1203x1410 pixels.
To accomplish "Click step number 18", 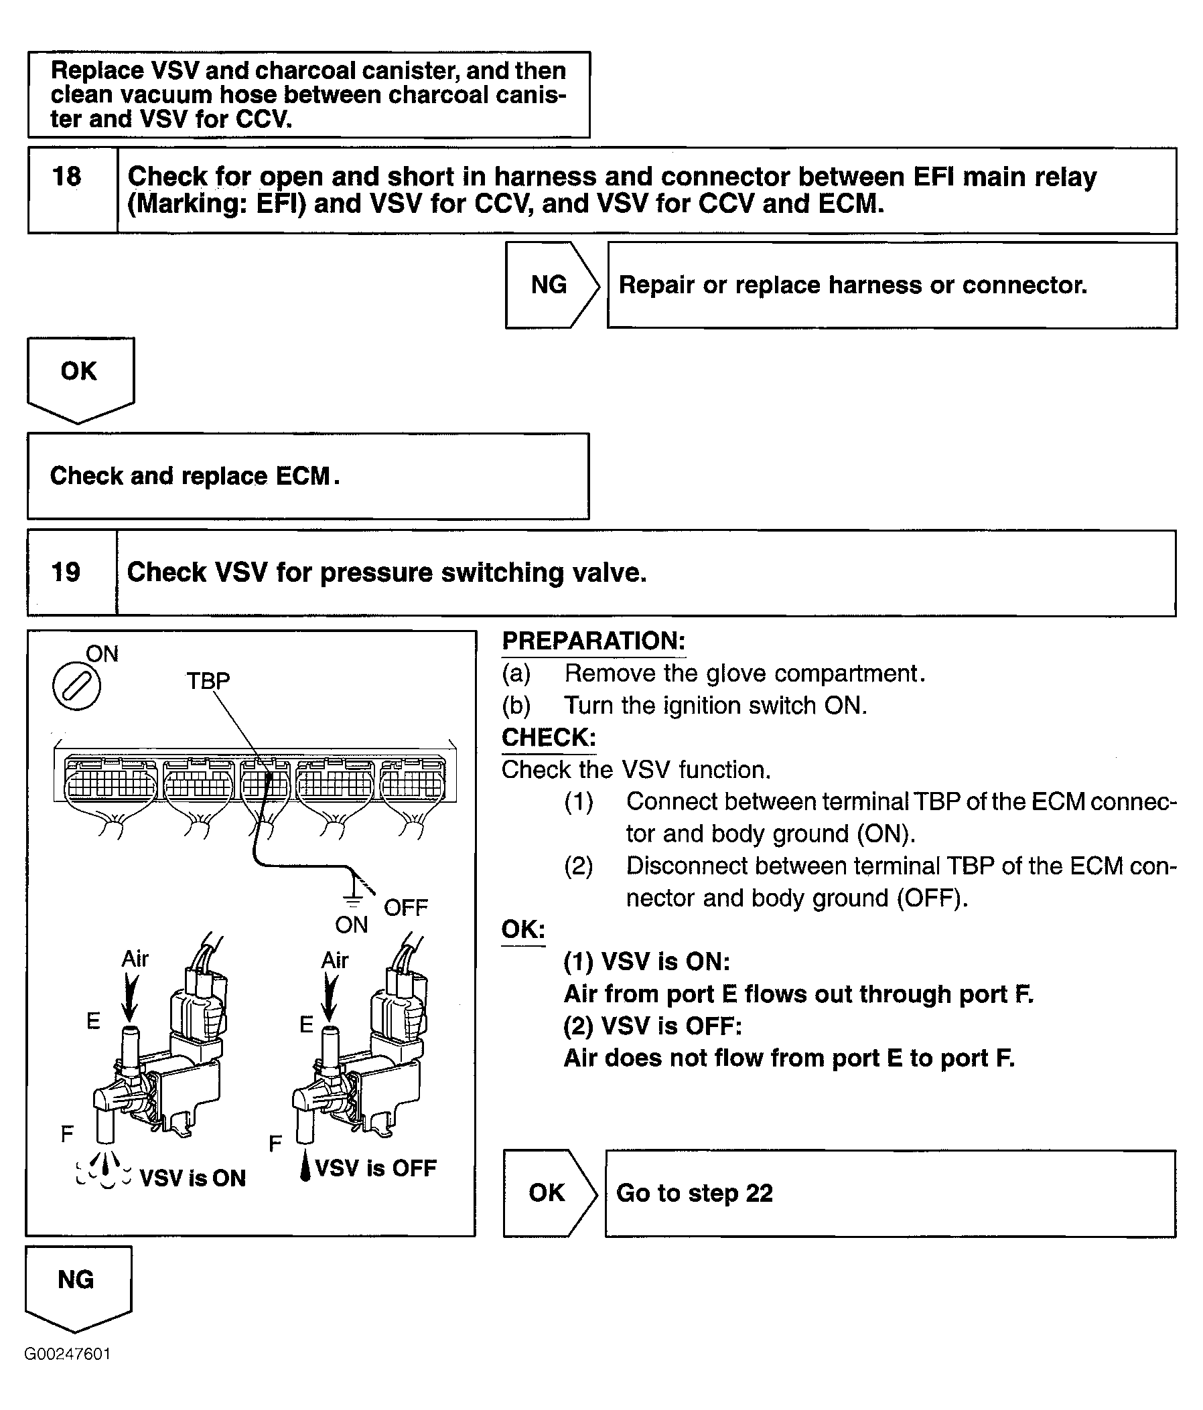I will point(67,177).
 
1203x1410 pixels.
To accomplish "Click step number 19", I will point(66,572).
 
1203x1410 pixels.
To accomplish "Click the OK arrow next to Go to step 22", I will point(547,1192).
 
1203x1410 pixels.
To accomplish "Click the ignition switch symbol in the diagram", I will point(77,687).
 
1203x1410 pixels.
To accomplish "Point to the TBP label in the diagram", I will point(208,680).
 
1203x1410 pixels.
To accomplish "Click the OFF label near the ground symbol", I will point(406,908).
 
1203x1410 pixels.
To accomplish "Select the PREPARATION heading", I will point(593,641).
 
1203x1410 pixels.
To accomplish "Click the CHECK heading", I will point(549,738).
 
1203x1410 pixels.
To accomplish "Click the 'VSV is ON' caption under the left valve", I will point(193,1178).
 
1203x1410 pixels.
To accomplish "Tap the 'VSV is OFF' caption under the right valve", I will point(376,1168).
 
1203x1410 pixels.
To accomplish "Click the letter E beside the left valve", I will point(93,1021).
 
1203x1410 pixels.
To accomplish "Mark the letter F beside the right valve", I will point(275,1144).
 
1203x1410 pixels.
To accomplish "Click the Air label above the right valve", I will point(334,960).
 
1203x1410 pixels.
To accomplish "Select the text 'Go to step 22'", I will point(695,1193).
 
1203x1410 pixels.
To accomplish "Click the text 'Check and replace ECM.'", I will point(195,476).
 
